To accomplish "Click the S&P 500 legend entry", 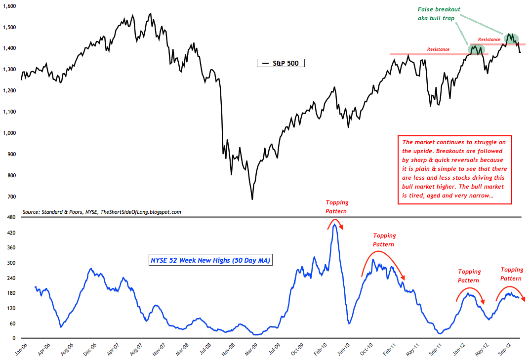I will point(281,63).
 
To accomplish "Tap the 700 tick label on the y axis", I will point(12,197).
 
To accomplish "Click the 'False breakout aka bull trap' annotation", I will point(438,13).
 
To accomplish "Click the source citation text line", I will point(102,212).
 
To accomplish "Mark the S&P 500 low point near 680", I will point(252,199).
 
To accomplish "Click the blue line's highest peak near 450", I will point(335,225).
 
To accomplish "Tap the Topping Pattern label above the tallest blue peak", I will point(336,206).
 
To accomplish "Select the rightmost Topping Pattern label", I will point(511,274).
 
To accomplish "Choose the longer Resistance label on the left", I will point(438,49).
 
